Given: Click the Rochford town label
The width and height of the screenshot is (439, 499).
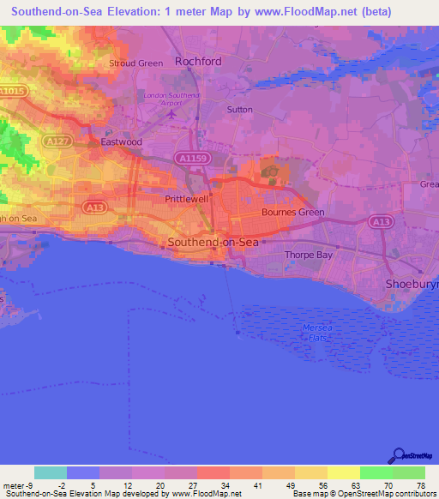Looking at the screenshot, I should pyautogui.click(x=198, y=62).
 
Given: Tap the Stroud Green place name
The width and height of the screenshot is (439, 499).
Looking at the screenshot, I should pyautogui.click(x=135, y=63).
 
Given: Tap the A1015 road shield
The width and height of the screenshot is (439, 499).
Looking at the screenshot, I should pyautogui.click(x=13, y=91).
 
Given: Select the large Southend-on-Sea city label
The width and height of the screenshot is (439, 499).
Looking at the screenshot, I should pyautogui.click(x=213, y=243).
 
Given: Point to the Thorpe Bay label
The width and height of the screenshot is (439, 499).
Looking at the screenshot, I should pyautogui.click(x=308, y=255).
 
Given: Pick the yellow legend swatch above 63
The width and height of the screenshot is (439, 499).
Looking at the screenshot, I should pyautogui.click(x=343, y=472).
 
